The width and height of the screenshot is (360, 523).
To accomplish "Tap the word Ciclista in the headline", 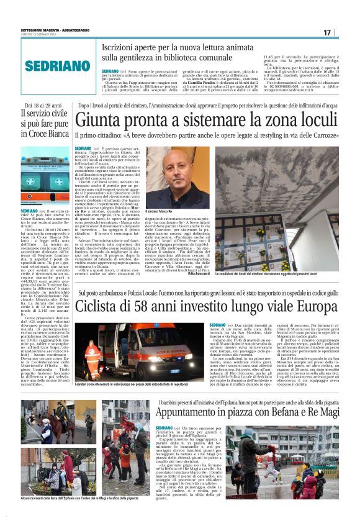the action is (x=103, y=307).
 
